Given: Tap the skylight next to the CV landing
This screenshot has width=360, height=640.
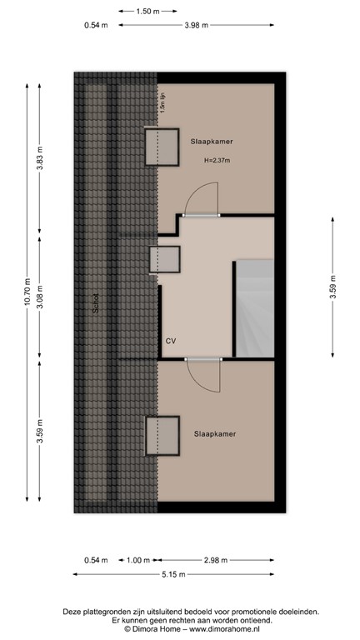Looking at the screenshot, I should [x=163, y=260].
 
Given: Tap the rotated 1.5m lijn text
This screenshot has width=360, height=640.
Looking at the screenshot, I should [x=163, y=104].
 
